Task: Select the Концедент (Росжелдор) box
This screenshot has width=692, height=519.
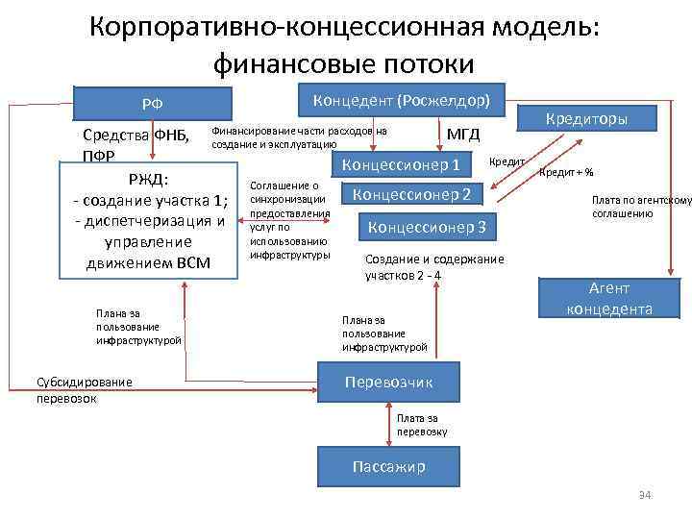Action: click(x=402, y=100)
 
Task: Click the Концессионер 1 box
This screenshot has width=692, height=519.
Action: click(x=401, y=163)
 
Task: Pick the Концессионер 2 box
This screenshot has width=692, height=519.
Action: click(x=412, y=195)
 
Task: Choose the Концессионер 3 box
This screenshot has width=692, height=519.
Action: click(x=428, y=227)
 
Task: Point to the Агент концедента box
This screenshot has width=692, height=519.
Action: click(x=608, y=298)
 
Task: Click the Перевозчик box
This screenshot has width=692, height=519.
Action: click(x=388, y=382)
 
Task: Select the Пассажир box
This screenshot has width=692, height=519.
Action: click(x=388, y=466)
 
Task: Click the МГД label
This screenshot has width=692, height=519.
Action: click(x=463, y=134)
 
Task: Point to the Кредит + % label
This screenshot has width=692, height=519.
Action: click(x=566, y=173)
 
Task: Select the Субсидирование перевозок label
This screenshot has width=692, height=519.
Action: click(x=84, y=389)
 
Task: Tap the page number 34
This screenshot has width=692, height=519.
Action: click(x=645, y=494)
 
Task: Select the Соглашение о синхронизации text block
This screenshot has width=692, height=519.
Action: click(x=289, y=220)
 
